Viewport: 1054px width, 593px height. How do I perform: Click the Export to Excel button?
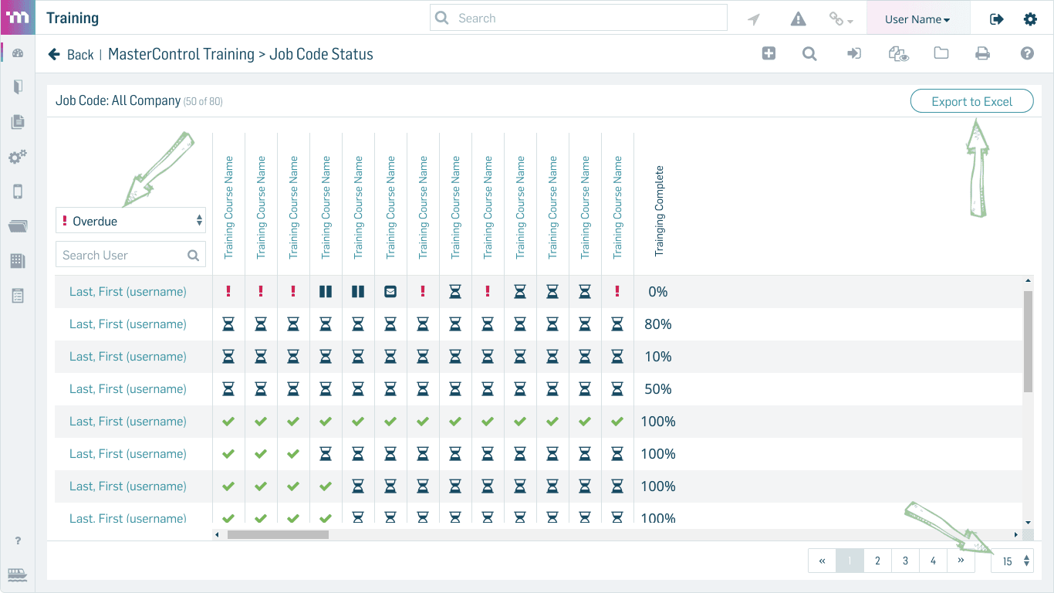point(971,101)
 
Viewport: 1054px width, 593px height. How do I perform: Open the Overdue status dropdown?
point(130,220)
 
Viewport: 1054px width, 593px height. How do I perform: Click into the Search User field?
point(130,255)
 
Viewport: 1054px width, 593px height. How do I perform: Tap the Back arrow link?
point(71,55)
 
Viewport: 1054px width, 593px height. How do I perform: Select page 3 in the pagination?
point(905,561)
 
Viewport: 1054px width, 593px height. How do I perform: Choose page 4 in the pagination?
point(933,561)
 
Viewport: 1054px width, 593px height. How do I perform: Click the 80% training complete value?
point(658,324)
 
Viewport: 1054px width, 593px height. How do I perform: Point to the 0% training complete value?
point(658,292)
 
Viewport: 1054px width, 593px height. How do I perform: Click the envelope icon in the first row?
point(390,292)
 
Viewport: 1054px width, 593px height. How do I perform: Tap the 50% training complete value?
point(658,389)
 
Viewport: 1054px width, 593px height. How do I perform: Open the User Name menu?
point(917,19)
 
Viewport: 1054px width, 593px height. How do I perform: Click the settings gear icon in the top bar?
point(1030,19)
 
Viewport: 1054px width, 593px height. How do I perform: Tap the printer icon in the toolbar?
point(982,54)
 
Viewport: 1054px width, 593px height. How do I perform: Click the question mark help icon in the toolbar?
point(1027,54)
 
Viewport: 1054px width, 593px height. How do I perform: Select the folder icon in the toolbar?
point(941,53)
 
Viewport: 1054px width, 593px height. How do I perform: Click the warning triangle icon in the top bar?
point(798,19)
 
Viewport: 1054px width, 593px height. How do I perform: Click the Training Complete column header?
point(659,211)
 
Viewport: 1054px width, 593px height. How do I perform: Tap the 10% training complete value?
point(658,357)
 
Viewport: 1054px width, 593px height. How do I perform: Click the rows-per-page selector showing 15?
point(1012,561)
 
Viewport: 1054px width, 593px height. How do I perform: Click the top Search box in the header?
point(578,18)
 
